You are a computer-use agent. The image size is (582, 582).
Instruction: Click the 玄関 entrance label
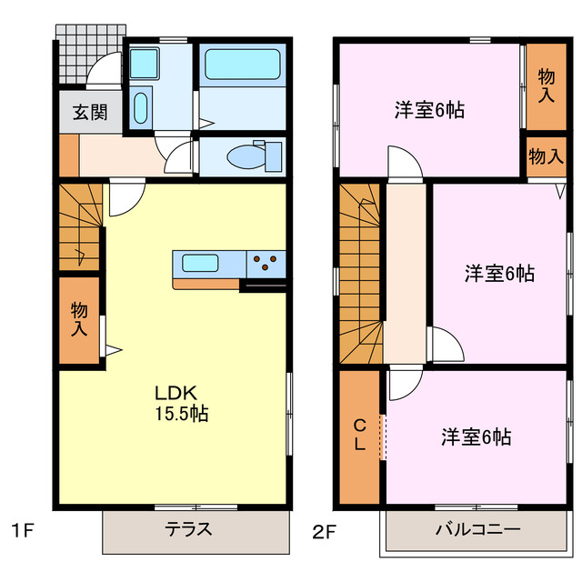click(90, 113)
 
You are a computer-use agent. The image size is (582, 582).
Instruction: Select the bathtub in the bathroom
click(241, 65)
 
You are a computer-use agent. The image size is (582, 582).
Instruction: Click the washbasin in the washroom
click(141, 107)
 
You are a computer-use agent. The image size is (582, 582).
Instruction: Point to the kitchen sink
click(199, 264)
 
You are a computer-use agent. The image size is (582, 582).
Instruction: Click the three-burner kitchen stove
click(266, 264)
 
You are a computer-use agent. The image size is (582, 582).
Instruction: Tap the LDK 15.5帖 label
click(181, 403)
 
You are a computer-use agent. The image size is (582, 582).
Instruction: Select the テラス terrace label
click(188, 530)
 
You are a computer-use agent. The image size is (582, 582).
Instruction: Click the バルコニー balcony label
click(477, 530)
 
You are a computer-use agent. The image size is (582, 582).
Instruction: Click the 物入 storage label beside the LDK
click(80, 320)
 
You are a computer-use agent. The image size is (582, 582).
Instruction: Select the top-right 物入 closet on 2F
click(546, 85)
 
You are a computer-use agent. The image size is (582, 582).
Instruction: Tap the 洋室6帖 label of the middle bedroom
click(499, 273)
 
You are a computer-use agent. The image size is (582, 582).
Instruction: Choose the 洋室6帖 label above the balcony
click(476, 437)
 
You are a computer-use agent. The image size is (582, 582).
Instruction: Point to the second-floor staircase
click(361, 273)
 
